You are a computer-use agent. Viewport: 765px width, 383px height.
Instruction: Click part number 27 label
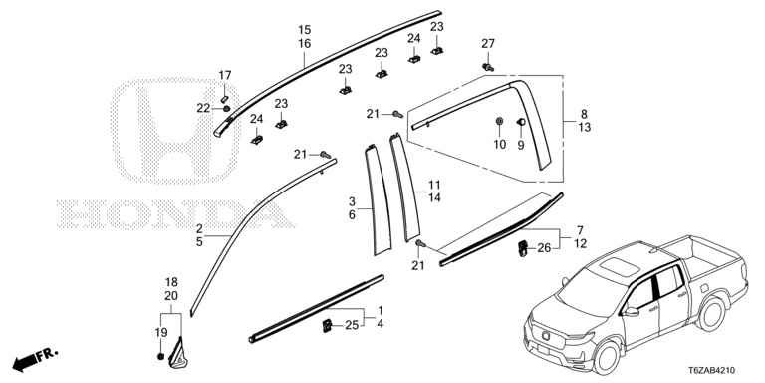[x=488, y=44]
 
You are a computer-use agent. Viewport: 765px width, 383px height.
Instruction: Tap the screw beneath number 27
[x=487, y=67]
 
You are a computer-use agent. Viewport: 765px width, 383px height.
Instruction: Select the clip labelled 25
[x=328, y=324]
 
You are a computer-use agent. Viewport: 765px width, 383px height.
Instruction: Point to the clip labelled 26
[x=523, y=248]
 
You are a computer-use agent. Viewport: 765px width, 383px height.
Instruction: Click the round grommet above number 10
[x=499, y=121]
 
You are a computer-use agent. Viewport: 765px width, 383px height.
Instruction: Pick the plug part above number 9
[x=521, y=121]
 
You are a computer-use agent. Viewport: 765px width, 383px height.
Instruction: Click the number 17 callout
[x=224, y=75]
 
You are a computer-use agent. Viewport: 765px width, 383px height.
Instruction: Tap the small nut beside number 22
[x=226, y=108]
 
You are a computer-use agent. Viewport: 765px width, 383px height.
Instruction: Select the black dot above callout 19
[x=161, y=356]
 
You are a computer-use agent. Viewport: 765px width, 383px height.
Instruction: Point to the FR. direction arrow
[x=35, y=359]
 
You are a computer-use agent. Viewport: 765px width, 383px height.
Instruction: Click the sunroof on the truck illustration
[x=619, y=267]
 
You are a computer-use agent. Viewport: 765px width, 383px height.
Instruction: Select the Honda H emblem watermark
[x=174, y=130]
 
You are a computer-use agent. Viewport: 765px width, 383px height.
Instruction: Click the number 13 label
[x=585, y=128]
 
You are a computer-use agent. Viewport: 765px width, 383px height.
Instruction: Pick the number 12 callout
[x=580, y=242]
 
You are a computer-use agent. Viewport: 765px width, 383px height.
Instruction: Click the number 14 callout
[x=434, y=197]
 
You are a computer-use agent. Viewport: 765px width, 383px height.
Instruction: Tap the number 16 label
[x=305, y=44]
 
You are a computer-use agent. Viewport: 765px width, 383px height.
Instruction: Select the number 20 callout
[x=171, y=295]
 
